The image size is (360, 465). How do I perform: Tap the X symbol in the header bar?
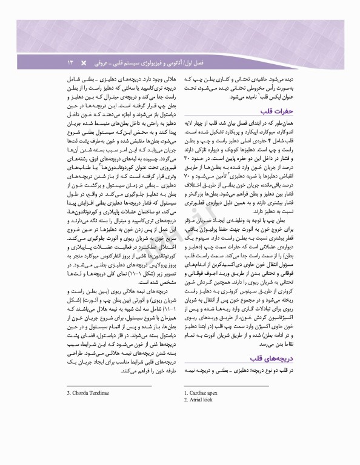[x=84, y=62]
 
